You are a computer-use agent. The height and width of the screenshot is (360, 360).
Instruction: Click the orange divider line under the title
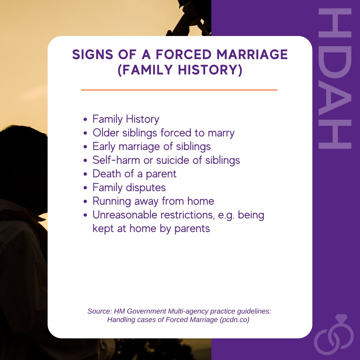pos(179,90)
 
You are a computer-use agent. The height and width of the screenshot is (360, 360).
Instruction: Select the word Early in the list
pos(104,147)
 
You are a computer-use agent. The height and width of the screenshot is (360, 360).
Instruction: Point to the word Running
pos(112,201)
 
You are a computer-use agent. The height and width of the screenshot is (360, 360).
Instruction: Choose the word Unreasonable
pos(124,215)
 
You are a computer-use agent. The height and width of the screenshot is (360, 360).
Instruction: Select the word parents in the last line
pos(192,229)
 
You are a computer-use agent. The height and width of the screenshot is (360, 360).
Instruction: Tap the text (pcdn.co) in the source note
pos(234,320)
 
